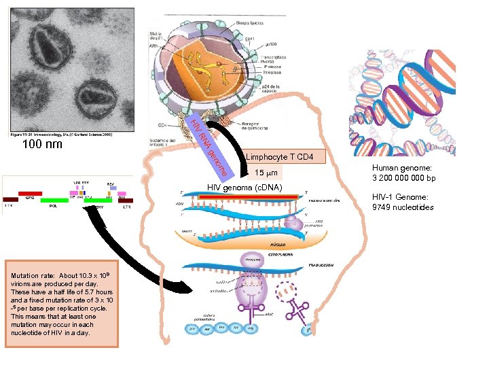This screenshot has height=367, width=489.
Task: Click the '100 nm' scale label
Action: point(42,145)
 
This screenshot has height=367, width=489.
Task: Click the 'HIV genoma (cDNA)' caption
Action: point(244,188)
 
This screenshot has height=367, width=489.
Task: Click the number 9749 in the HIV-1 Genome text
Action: point(384,207)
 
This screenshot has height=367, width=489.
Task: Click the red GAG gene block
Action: point(30,194)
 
